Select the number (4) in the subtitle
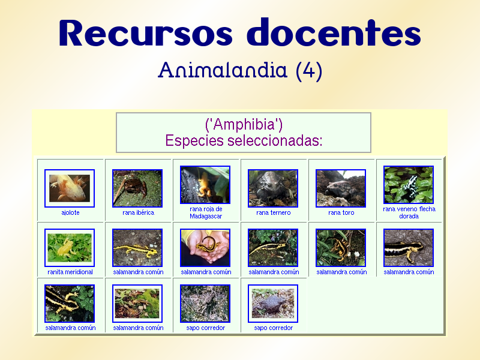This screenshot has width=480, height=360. click(309, 71)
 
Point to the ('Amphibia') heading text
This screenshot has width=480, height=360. click(244, 125)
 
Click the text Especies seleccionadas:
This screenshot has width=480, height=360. click(244, 141)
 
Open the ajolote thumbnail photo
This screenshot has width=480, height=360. click(70, 188)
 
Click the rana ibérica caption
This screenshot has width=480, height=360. click(137, 213)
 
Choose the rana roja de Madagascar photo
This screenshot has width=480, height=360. click(205, 185)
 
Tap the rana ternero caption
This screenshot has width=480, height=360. click(273, 213)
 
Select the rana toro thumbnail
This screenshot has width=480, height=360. click(341, 188)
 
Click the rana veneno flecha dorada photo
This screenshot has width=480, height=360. click(409, 185)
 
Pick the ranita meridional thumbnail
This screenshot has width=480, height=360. click(70, 248)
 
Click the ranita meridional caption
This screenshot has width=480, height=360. click(70, 272)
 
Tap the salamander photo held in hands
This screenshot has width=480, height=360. click(205, 248)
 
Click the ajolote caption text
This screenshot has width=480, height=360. click(70, 213)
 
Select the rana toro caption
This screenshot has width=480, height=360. click(341, 213)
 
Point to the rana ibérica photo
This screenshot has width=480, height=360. click(137, 188)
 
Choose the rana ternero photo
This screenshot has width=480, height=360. click(273, 188)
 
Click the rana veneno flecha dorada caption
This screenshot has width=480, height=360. click(409, 212)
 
